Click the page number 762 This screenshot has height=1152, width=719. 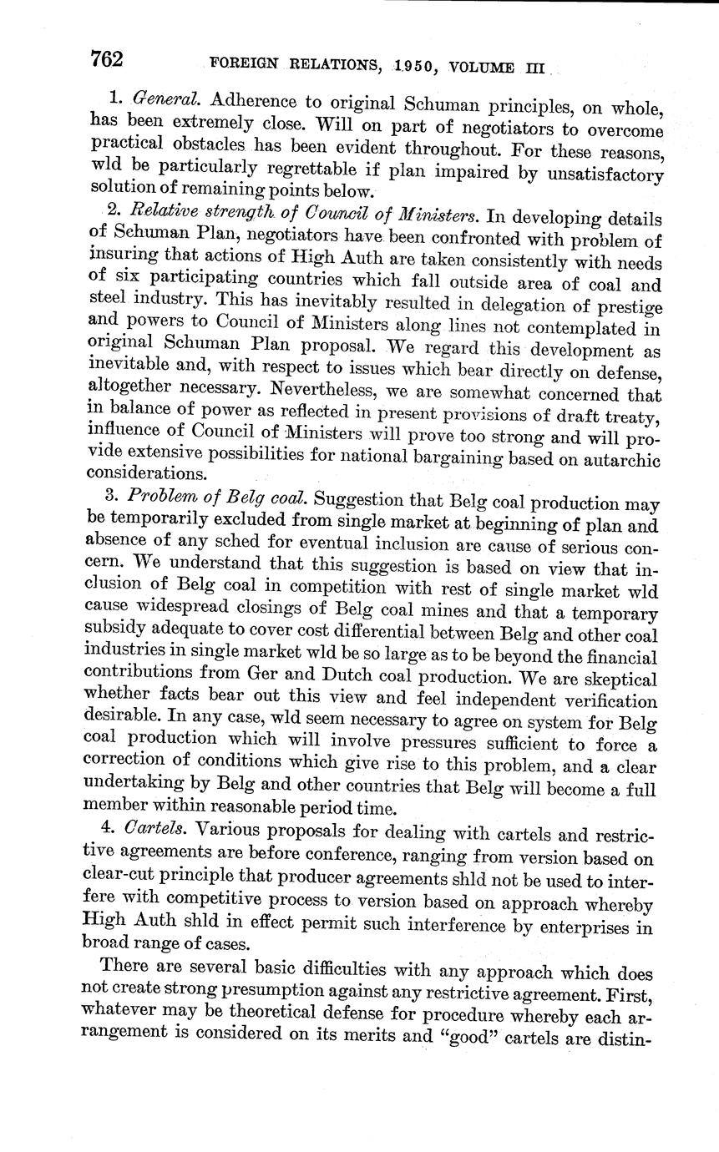click(107, 59)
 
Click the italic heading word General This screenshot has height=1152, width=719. click(165, 100)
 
